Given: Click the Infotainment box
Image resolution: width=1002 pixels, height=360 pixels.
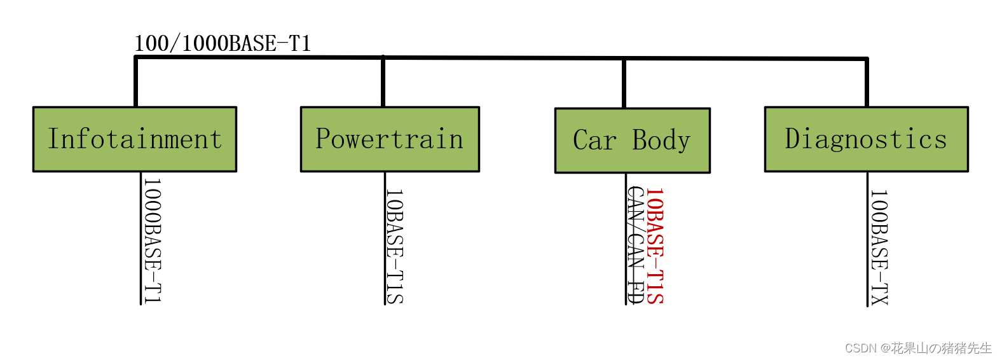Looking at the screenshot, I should coord(135,139).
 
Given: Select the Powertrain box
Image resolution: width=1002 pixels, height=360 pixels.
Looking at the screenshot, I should coord(390,139).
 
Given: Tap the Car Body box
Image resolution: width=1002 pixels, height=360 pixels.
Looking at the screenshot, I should coord(632,141).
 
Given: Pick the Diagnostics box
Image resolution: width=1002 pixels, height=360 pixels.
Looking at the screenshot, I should coord(866,139).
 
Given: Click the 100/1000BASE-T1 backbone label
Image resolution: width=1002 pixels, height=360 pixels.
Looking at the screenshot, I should coord(223,43).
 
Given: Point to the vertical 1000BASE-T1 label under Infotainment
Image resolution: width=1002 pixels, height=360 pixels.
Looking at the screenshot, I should coord(153,240).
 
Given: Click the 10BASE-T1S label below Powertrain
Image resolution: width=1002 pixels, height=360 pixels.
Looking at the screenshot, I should coord(395,246).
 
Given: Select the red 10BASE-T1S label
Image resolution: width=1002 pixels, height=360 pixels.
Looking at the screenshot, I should coord(655,246).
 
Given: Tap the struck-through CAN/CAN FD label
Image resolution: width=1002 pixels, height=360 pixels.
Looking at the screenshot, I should coord(635,245).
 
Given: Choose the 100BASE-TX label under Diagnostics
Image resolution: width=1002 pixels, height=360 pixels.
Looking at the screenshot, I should coord(879,247).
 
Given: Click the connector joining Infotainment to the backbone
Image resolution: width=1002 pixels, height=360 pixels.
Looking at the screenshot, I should coord(136,81).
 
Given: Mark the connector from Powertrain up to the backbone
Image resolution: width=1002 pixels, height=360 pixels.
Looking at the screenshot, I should coord(383,81).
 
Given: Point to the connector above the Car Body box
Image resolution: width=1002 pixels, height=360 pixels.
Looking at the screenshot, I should coord(624,83).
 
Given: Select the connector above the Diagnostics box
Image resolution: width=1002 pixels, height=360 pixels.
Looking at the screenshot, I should coord(866,83).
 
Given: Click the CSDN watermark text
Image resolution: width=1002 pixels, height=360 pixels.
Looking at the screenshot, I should coord(918,348).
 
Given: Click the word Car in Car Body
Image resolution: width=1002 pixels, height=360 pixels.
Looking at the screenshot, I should coord(594,141).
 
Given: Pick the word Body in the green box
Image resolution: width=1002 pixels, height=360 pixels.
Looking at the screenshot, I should coord(661,141).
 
